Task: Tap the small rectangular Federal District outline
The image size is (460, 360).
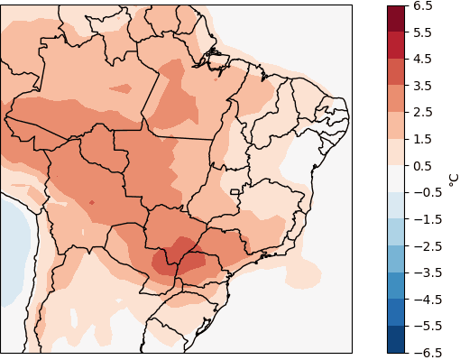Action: pos(235,191)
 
